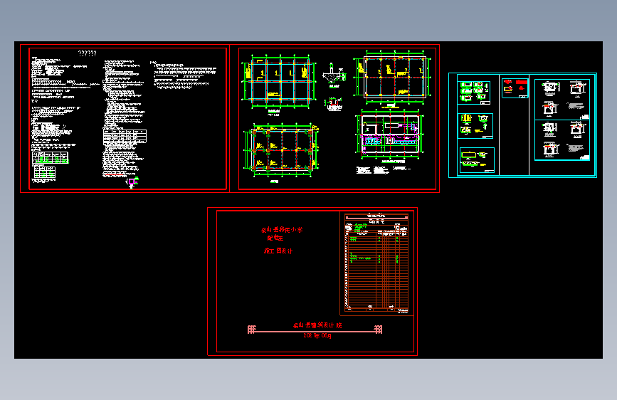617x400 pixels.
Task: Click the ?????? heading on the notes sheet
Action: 88,53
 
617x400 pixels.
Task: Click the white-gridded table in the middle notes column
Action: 125,135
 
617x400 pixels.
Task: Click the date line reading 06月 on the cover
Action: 317,335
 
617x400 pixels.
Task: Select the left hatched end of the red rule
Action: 251,329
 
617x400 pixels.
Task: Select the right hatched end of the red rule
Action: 378,329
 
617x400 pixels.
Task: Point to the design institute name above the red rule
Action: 317,325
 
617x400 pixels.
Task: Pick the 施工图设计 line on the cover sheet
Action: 278,251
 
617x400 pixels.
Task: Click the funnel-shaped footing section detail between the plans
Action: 332,75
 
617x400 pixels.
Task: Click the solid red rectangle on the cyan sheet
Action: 509,83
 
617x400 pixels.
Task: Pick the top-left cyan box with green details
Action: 474,91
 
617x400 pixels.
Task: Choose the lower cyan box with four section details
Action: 561,140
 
